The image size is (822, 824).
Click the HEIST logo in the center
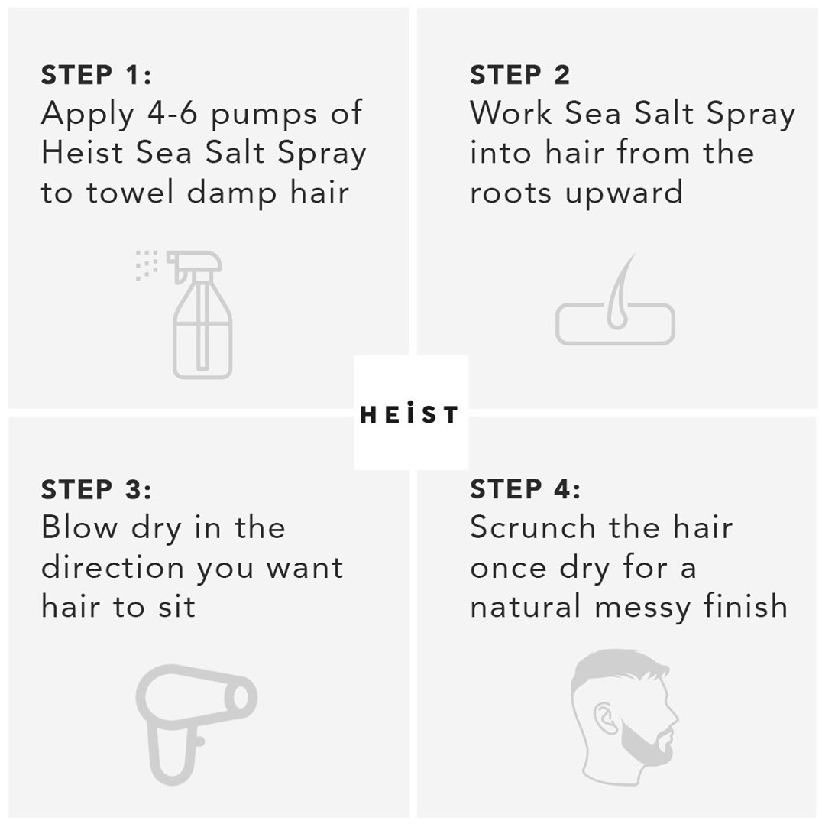point(409,414)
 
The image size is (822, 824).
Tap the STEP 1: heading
point(96,76)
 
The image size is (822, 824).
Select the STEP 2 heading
point(519,76)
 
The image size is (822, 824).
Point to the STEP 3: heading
point(96,489)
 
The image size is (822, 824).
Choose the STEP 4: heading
point(525,489)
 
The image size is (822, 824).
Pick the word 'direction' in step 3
point(114,568)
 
